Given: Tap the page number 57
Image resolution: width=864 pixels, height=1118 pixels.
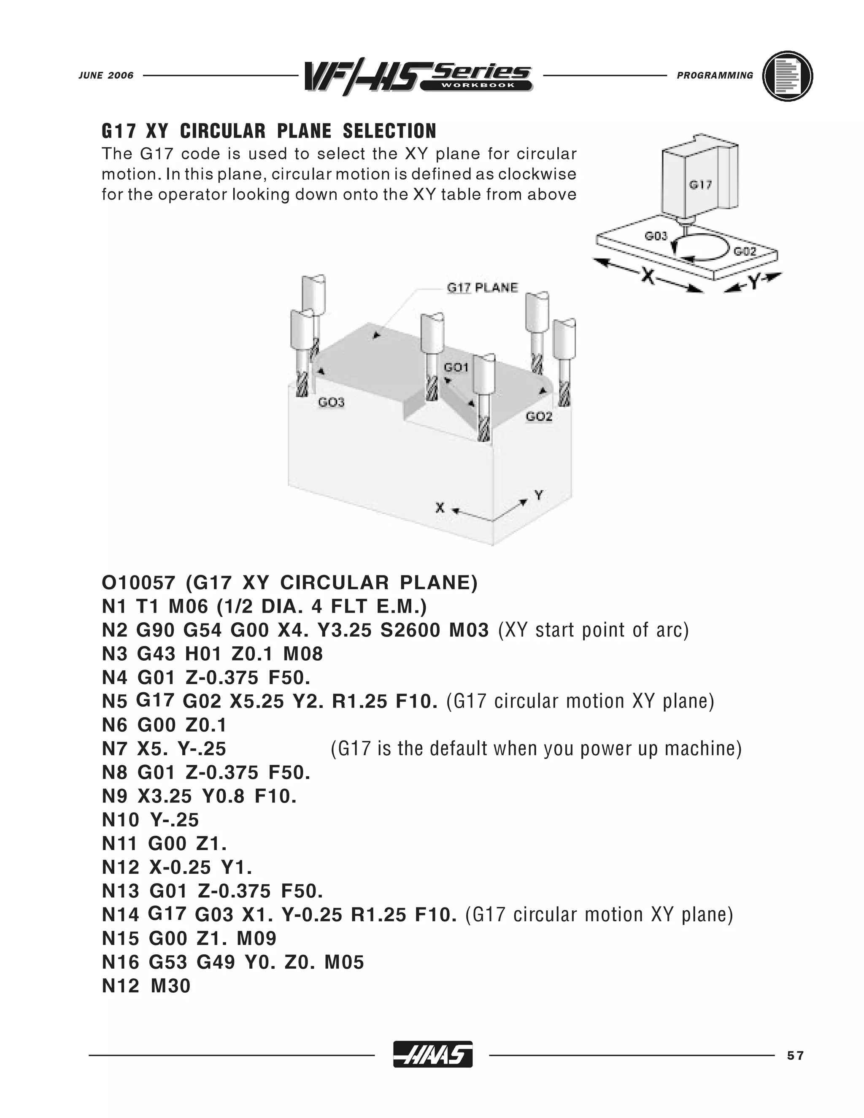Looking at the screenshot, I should tap(795, 1056).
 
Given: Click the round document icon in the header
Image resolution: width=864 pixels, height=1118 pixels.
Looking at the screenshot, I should tap(787, 76).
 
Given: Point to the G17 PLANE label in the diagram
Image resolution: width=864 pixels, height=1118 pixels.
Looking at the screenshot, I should tap(482, 288).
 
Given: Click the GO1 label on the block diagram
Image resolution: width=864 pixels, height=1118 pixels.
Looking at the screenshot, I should tap(456, 367).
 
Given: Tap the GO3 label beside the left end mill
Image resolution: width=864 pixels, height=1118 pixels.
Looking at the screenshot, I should tap(331, 402).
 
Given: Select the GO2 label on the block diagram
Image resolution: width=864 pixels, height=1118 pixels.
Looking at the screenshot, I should tap(539, 417).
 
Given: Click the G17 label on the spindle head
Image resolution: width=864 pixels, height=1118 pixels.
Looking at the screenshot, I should tap(700, 185).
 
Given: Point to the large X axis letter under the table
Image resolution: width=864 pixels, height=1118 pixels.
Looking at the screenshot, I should tap(648, 276).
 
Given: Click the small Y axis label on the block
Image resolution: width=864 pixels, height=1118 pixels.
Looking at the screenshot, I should tap(538, 495).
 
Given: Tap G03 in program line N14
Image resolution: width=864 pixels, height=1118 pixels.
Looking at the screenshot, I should tap(214, 915).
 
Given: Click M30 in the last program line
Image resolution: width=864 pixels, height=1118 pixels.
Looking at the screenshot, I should tap(170, 986).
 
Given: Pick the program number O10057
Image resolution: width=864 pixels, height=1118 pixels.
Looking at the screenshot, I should tap(138, 583).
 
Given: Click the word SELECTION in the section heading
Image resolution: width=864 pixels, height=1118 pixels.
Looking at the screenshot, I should tap(389, 131).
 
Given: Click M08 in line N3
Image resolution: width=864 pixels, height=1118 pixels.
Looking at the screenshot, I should tap(303, 654).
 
